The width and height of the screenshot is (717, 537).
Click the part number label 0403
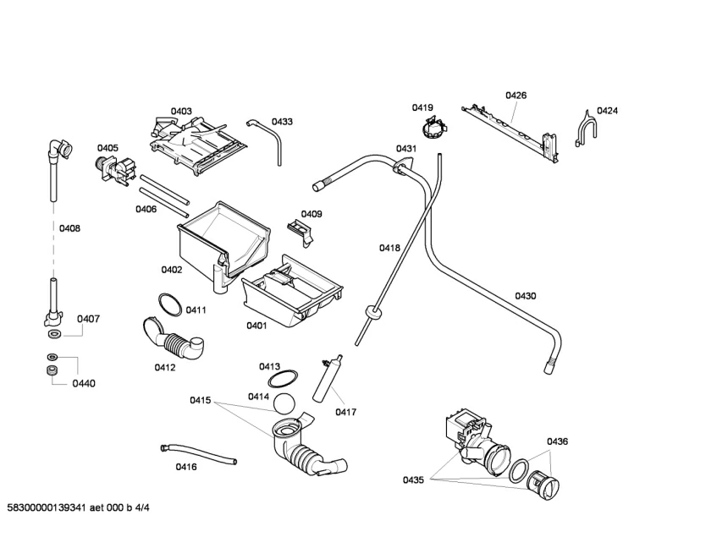[x=181, y=111]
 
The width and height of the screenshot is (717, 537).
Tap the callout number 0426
[x=516, y=96]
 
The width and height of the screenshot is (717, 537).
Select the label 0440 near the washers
[x=84, y=383]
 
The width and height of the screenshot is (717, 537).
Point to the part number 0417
[x=345, y=412]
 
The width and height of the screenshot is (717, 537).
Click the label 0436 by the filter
[x=557, y=441]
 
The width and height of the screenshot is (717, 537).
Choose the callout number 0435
[x=413, y=480]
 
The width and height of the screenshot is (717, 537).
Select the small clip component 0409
[x=297, y=225]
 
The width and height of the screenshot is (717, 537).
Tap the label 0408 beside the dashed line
[x=69, y=228]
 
